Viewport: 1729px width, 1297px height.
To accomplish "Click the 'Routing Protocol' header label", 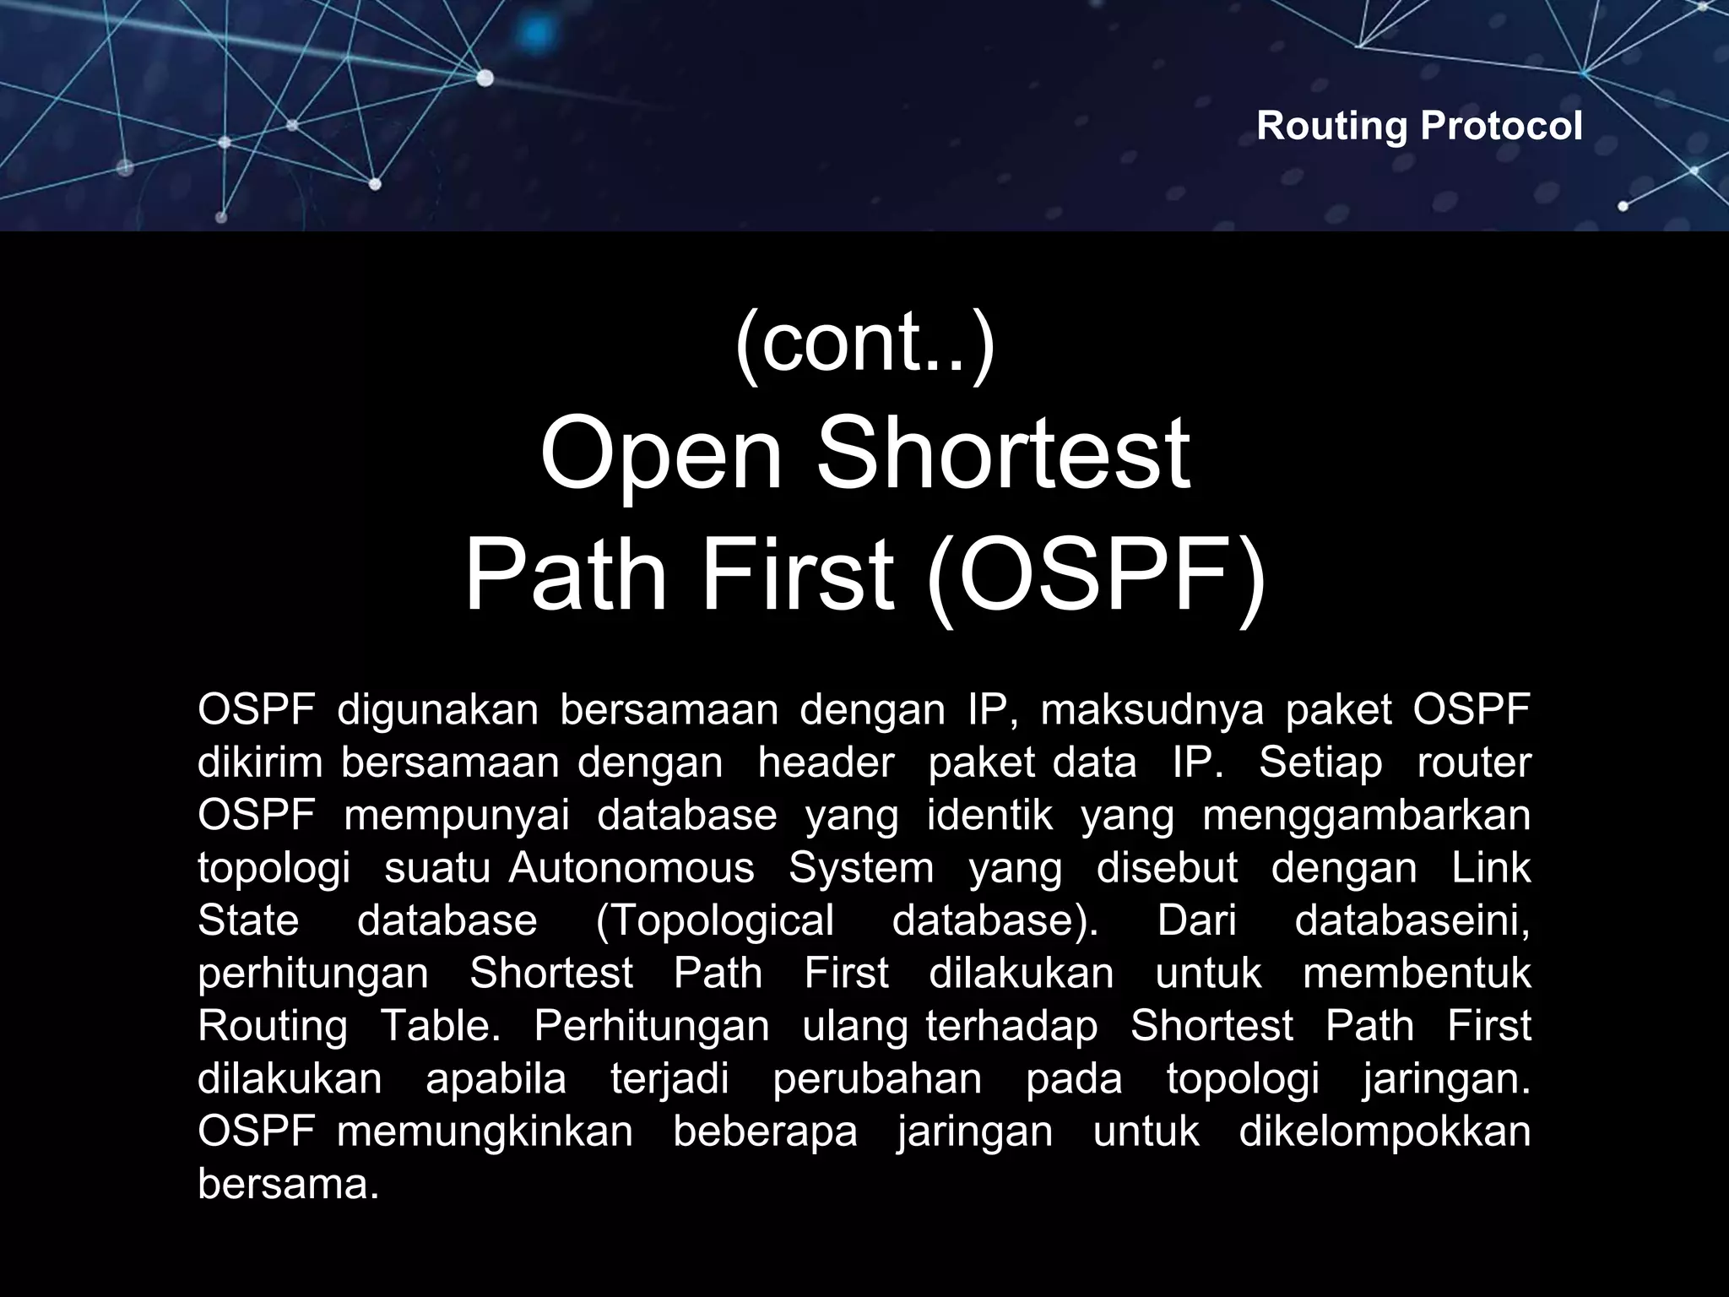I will (1419, 127).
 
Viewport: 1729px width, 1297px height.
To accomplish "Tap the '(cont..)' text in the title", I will (864, 342).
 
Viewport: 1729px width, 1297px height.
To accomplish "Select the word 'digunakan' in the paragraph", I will (437, 711).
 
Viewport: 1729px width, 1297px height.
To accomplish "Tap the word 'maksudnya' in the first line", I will (1152, 711).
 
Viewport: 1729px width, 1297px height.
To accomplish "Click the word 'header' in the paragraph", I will (825, 763).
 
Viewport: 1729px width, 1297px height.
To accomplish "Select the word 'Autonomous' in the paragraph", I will (631, 869).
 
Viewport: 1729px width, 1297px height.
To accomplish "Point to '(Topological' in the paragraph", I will (714, 921).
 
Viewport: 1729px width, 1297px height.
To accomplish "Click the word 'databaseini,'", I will (1412, 921).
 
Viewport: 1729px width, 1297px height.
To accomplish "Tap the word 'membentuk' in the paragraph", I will (1416, 974).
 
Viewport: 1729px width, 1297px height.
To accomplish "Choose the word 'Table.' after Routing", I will (440, 1027).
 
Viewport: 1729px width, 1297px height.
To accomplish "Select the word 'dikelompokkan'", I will (1384, 1131).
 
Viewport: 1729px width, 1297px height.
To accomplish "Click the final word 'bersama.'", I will (288, 1185).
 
